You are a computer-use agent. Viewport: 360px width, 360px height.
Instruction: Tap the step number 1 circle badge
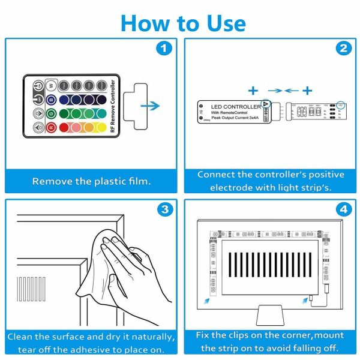pos(164,49)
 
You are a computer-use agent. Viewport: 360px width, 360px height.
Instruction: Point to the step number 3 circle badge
pos(164,211)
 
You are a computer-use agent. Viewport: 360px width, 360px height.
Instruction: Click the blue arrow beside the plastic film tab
pos(152,106)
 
